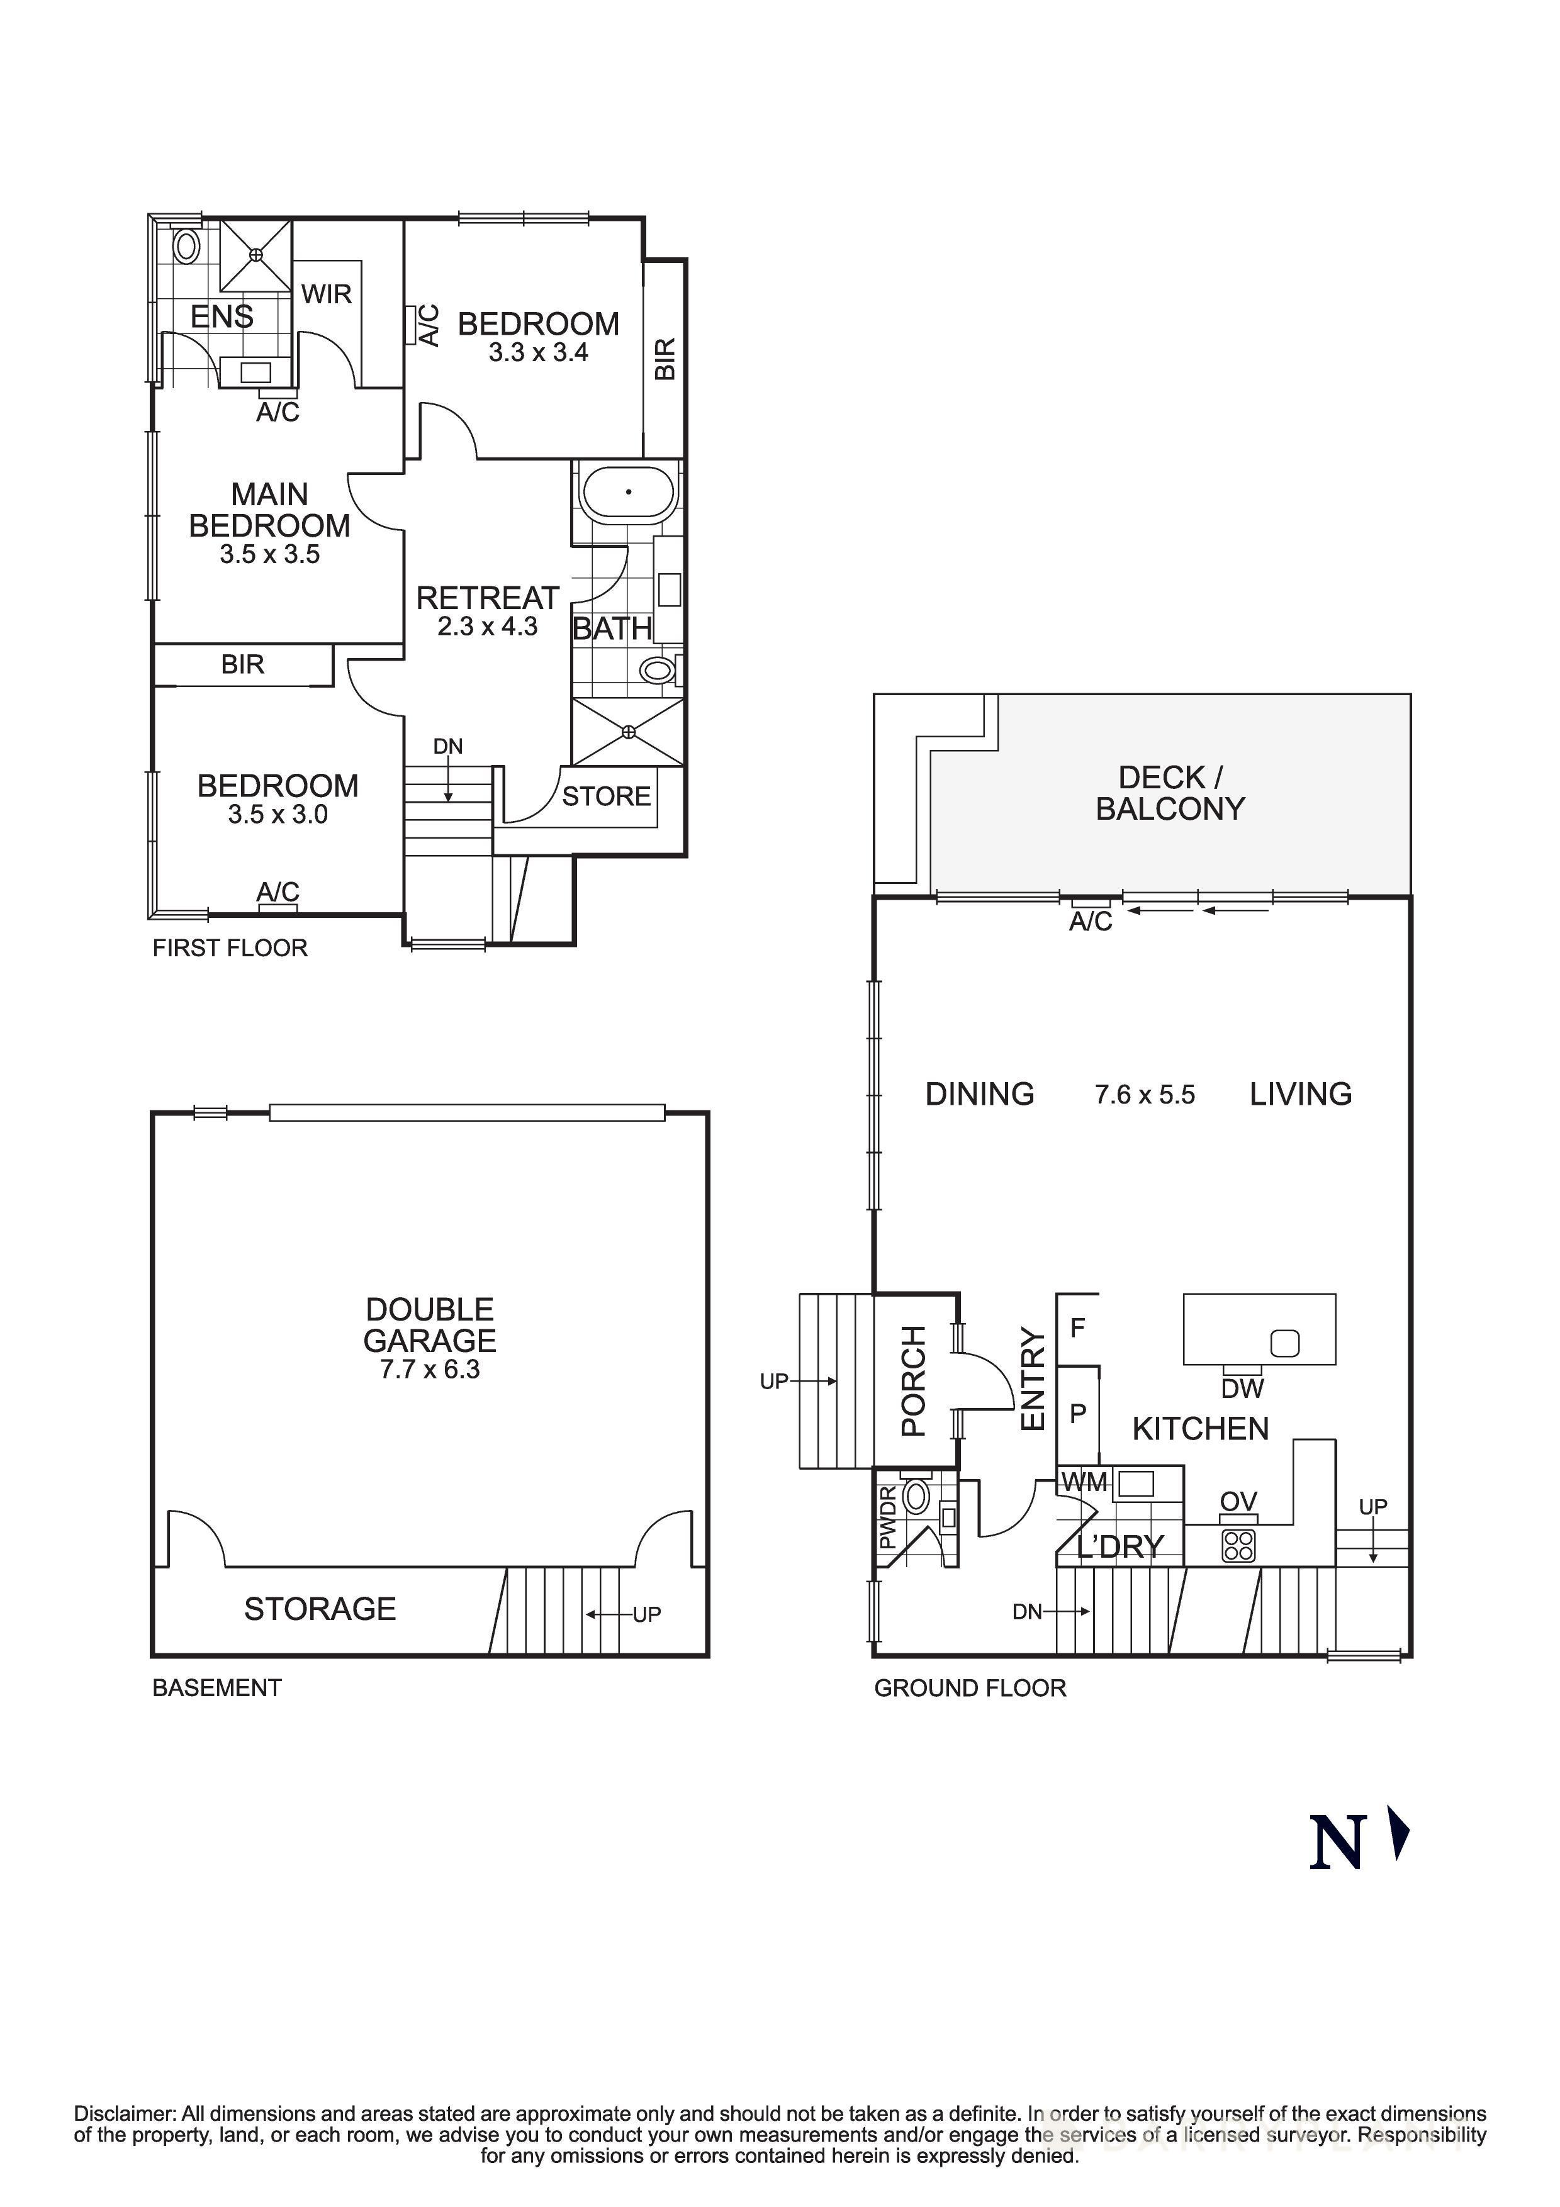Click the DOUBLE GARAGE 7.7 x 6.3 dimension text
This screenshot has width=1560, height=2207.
430,1370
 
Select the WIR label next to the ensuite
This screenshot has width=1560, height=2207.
327,294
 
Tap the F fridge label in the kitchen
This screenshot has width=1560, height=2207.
1077,1327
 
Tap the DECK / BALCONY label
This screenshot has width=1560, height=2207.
1170,793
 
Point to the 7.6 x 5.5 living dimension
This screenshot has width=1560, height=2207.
1144,1095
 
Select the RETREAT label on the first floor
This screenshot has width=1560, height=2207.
487,598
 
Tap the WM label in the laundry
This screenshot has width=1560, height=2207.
1084,1482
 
